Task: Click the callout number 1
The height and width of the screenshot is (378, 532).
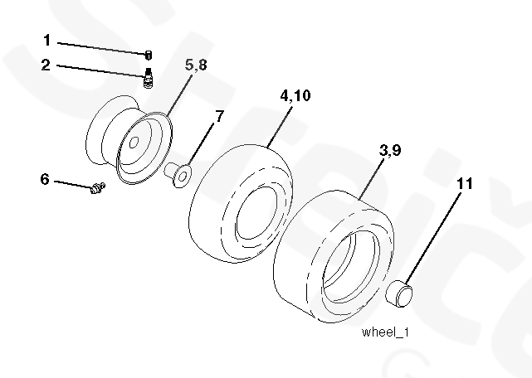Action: [x=47, y=40]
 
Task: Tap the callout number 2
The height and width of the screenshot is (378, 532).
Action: [x=46, y=65]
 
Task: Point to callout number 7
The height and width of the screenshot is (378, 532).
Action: [x=218, y=117]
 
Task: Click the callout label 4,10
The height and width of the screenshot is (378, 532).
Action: [x=295, y=96]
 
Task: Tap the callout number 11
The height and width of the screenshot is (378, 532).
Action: [x=466, y=183]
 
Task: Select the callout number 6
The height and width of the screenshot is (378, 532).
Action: [x=45, y=178]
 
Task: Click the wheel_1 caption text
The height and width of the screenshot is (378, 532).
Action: [x=386, y=332]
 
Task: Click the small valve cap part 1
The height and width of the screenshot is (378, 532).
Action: [x=149, y=55]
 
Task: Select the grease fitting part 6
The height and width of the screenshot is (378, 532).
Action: [x=96, y=190]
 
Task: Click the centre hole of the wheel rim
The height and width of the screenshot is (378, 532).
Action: [x=131, y=144]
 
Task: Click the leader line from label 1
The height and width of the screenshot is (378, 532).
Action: [x=100, y=46]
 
